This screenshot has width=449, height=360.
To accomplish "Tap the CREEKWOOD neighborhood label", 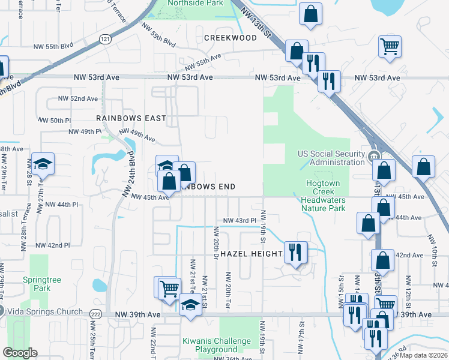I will (x=231, y=38).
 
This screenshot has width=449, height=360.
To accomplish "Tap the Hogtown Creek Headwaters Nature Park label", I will (x=323, y=196).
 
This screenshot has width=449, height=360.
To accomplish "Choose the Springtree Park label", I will (x=37, y=284).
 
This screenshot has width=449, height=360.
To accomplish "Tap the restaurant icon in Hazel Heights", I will (x=294, y=252).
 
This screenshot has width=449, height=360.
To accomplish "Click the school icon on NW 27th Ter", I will (x=43, y=164).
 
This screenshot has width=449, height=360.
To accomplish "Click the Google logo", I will (x=20, y=353).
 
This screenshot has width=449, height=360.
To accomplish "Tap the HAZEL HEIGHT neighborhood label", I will (x=251, y=254).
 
